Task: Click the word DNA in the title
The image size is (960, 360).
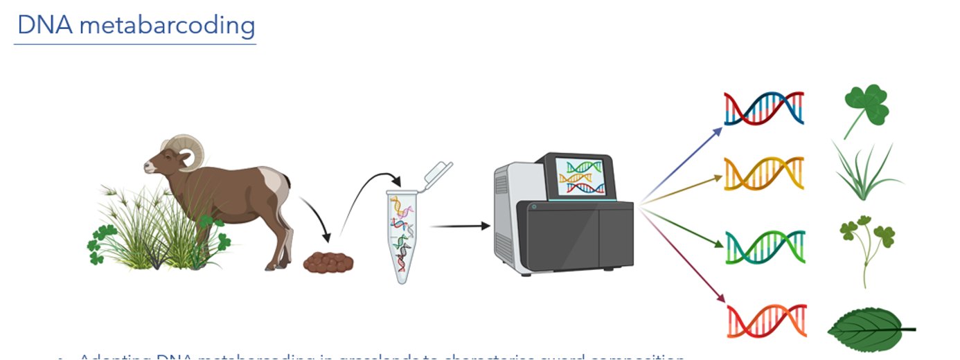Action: [x=39, y=26]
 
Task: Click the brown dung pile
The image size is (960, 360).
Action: [x=328, y=262]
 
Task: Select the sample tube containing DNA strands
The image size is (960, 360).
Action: [x=406, y=236]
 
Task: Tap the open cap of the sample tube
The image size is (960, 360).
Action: [x=437, y=172]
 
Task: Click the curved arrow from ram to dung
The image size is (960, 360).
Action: [x=320, y=222]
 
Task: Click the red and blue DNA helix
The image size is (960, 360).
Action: [x=764, y=109]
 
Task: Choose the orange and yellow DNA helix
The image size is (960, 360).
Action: [x=764, y=174]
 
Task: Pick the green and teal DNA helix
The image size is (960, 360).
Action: [x=765, y=247]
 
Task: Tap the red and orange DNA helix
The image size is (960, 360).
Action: [x=767, y=320]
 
